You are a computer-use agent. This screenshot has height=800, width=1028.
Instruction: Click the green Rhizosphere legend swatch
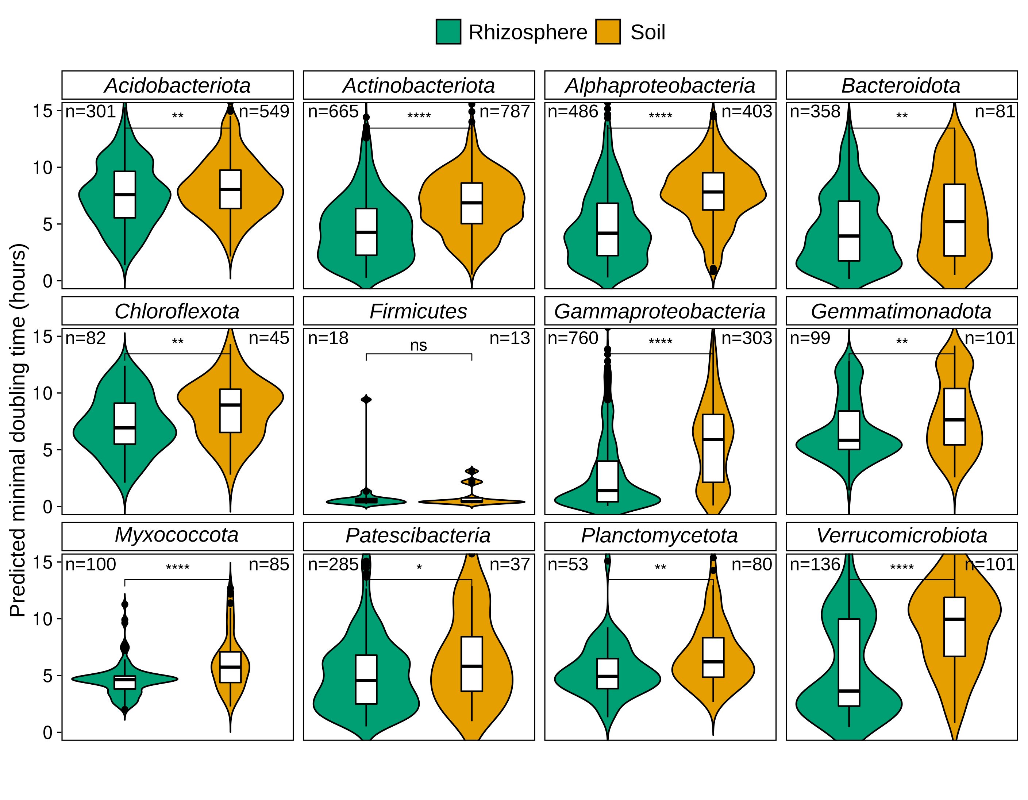448,32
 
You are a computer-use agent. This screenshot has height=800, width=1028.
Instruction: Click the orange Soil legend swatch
608,32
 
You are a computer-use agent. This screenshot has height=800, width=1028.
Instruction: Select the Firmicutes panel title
419,311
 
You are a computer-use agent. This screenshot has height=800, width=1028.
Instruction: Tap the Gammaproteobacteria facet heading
660,311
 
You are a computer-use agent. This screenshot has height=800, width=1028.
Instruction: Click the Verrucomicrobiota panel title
901,535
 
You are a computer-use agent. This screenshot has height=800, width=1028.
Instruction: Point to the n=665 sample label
333,112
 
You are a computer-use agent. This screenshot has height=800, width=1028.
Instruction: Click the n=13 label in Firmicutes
509,338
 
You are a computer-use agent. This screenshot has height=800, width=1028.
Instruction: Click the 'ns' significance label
419,345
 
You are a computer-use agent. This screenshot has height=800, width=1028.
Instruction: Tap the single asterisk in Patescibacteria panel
419,568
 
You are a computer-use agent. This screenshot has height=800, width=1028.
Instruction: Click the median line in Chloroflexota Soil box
230,405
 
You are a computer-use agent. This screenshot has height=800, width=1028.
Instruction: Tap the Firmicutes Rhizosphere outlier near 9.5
366,399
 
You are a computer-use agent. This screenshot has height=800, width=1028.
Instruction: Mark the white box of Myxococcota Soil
230,667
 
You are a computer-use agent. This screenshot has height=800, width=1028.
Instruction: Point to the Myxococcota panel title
177,535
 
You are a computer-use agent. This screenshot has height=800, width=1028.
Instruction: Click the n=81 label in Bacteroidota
994,112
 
